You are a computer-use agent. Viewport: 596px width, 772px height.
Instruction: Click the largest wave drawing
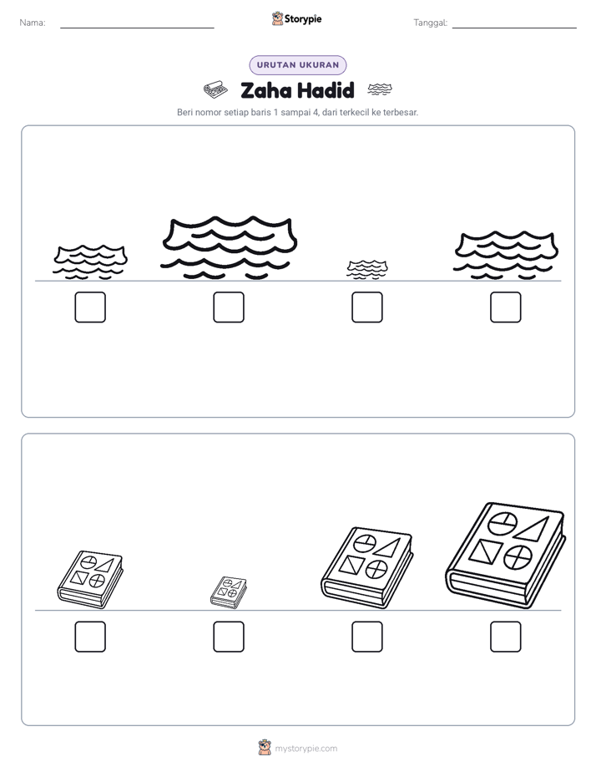tap(230, 247)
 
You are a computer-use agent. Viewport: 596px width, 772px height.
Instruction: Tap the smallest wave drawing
tap(366, 270)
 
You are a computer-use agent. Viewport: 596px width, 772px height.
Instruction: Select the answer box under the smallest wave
tap(366, 307)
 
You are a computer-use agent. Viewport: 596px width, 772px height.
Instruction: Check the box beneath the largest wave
tap(229, 307)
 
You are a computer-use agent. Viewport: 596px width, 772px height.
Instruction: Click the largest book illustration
tap(506, 556)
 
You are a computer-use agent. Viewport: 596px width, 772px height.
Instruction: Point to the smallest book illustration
tap(229, 593)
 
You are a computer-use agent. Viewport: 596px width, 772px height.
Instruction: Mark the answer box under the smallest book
tap(229, 637)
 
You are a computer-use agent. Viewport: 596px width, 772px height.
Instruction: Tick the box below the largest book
tap(506, 637)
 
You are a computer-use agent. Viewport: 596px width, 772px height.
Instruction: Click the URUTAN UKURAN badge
tap(298, 65)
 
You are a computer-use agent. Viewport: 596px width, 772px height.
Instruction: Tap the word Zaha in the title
tap(265, 90)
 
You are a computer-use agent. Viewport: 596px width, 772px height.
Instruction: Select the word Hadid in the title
tap(326, 90)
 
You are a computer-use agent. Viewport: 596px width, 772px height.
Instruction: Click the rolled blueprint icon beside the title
tap(215, 89)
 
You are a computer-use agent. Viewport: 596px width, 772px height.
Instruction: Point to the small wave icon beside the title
tap(380, 89)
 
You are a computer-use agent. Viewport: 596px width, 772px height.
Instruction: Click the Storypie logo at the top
tap(296, 18)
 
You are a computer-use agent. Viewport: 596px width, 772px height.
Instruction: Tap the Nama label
tap(33, 23)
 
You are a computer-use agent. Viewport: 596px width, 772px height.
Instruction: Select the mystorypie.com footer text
tap(306, 749)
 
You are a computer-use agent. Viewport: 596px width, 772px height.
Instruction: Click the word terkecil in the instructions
tap(355, 112)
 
